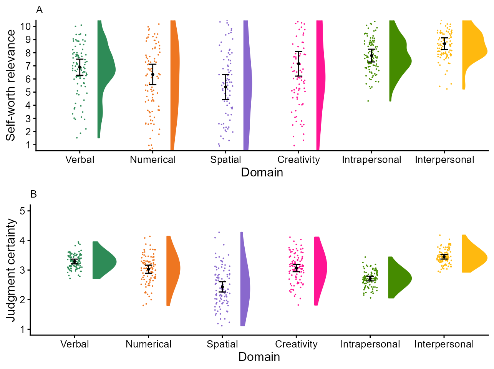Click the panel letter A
pos(39,10)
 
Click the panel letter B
pos(34,194)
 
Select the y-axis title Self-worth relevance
pos(11,85)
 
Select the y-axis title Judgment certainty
pos(11,270)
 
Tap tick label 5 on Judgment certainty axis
pos(23,211)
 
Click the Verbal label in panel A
pos(80,160)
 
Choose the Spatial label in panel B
pos(222,344)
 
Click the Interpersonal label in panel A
pos(444,160)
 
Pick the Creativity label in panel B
pos(296,344)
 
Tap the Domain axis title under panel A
pos(262,173)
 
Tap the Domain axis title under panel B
pos(259,357)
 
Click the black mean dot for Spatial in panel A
pos(226,87)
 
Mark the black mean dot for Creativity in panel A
pos(299,64)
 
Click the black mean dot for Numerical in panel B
pos(149,269)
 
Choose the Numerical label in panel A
pos(153,160)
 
